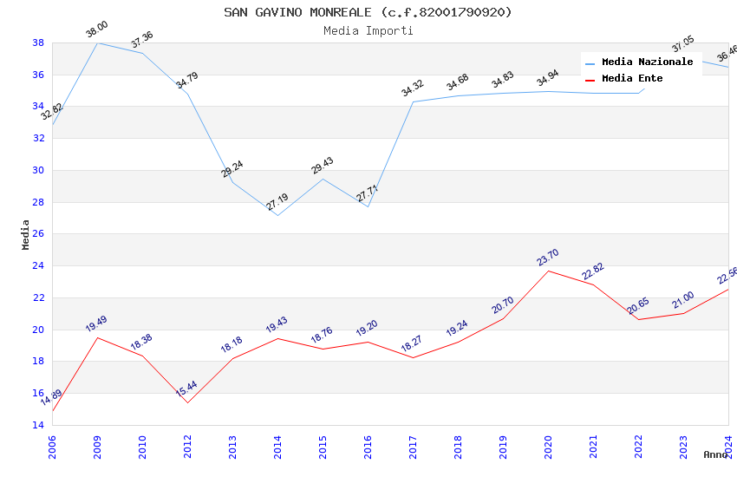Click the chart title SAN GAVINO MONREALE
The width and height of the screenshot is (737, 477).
coord(368,12)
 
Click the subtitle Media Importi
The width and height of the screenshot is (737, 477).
coord(368,30)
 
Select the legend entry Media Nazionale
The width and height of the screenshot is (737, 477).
coord(647,62)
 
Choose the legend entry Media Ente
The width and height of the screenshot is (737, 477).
coord(632,78)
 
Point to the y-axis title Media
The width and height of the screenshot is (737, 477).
coord(26,234)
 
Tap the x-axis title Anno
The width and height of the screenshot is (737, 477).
coord(715,454)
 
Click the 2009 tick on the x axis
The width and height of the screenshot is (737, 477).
coord(97,441)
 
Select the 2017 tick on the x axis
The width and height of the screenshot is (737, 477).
coord(413,441)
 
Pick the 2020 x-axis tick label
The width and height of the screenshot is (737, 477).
coord(548,441)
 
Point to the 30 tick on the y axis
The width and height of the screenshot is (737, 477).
coord(38,170)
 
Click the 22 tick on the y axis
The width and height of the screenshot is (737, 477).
coord(38,297)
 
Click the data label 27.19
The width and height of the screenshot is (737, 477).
coord(277,202)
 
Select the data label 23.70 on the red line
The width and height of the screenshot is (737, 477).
coord(548,258)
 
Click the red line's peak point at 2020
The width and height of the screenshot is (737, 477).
coord(548,271)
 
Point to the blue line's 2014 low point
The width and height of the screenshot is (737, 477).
coord(277,215)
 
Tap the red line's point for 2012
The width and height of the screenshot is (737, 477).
coord(187,402)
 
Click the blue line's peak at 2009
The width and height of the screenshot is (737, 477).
coord(97,42)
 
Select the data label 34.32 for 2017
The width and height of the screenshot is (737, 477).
coord(413,88)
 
